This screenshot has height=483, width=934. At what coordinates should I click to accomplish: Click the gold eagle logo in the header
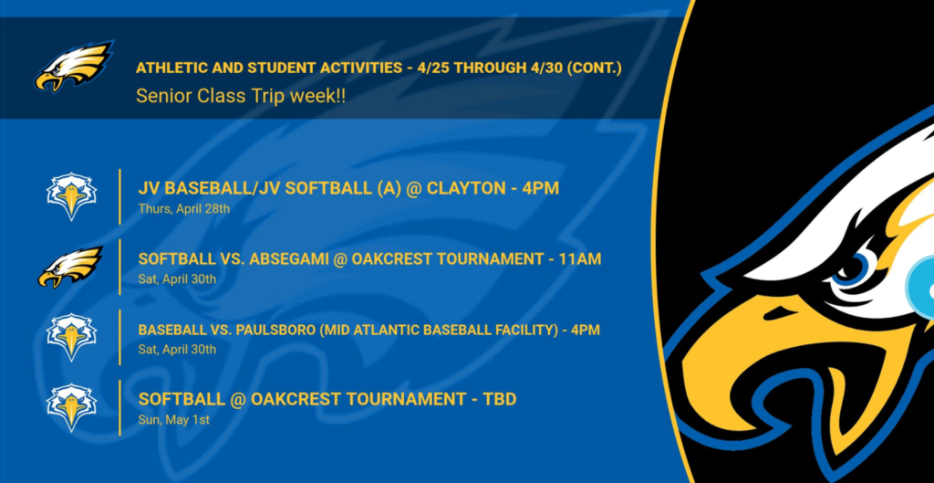pyautogui.click(x=73, y=66)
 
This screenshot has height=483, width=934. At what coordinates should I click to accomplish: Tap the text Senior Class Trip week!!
pyautogui.click(x=241, y=96)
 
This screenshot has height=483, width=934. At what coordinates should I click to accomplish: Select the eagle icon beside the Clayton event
pyautogui.click(x=71, y=196)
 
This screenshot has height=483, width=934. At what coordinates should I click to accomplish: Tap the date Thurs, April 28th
pyautogui.click(x=184, y=209)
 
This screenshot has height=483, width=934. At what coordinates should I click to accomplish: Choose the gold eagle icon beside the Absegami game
pyautogui.click(x=70, y=267)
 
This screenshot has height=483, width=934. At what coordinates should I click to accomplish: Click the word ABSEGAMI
pyautogui.click(x=288, y=259)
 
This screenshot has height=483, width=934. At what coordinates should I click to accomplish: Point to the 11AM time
pyautogui.click(x=581, y=259)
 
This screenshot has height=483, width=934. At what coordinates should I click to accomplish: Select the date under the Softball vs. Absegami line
pyautogui.click(x=178, y=279)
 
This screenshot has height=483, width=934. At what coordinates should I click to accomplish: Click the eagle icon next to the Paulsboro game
pyautogui.click(x=71, y=337)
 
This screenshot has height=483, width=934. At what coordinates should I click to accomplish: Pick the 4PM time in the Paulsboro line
pyautogui.click(x=585, y=330)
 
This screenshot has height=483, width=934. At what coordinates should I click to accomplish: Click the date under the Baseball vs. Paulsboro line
pyautogui.click(x=178, y=350)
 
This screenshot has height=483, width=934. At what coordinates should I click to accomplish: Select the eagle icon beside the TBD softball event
pyautogui.click(x=71, y=407)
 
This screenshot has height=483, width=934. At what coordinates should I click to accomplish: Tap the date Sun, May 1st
pyautogui.click(x=174, y=420)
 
